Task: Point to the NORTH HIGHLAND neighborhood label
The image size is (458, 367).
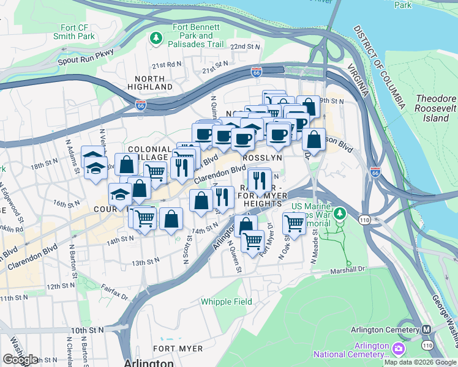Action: pyautogui.click(x=150, y=83)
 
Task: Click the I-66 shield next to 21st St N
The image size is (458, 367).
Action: pyautogui.click(x=257, y=73)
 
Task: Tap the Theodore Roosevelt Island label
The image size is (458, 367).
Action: pyautogui.click(x=436, y=108)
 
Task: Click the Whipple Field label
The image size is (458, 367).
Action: pyautogui.click(x=226, y=302)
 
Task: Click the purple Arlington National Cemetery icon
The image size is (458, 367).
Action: pyautogui.click(x=399, y=349)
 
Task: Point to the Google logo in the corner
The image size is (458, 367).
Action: pyautogui.click(x=20, y=359)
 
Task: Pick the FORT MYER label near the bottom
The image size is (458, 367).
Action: pyautogui.click(x=178, y=349)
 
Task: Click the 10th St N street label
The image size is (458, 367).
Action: pyautogui.click(x=88, y=330)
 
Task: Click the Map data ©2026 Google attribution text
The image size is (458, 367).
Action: pyautogui.click(x=420, y=361)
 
